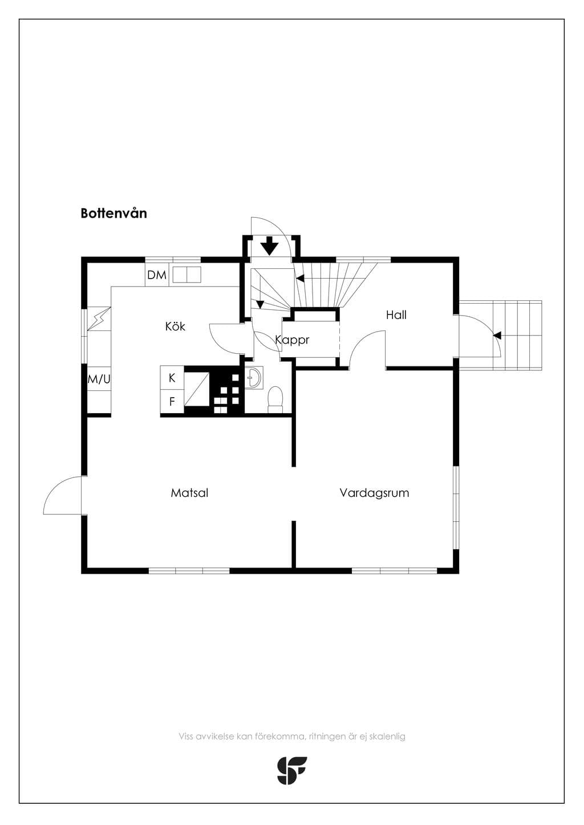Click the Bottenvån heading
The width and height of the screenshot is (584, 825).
click(113, 214)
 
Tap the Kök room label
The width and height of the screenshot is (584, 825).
click(175, 326)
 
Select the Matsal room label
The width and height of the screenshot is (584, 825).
click(189, 493)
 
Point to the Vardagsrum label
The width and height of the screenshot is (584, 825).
click(374, 493)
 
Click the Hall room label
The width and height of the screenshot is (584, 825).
click(396, 315)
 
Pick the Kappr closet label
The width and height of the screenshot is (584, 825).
click(292, 340)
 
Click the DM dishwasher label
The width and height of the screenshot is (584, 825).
click(157, 275)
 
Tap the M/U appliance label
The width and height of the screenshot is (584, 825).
click(99, 379)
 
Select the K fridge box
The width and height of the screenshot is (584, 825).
click(172, 378)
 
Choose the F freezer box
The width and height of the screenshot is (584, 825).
click(172, 402)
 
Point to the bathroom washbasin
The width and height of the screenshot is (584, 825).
click(254, 377)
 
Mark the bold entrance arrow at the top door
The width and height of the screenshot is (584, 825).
click(270, 246)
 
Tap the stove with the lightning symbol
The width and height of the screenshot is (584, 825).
click(99, 319)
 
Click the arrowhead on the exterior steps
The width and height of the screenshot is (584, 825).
click(497, 335)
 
